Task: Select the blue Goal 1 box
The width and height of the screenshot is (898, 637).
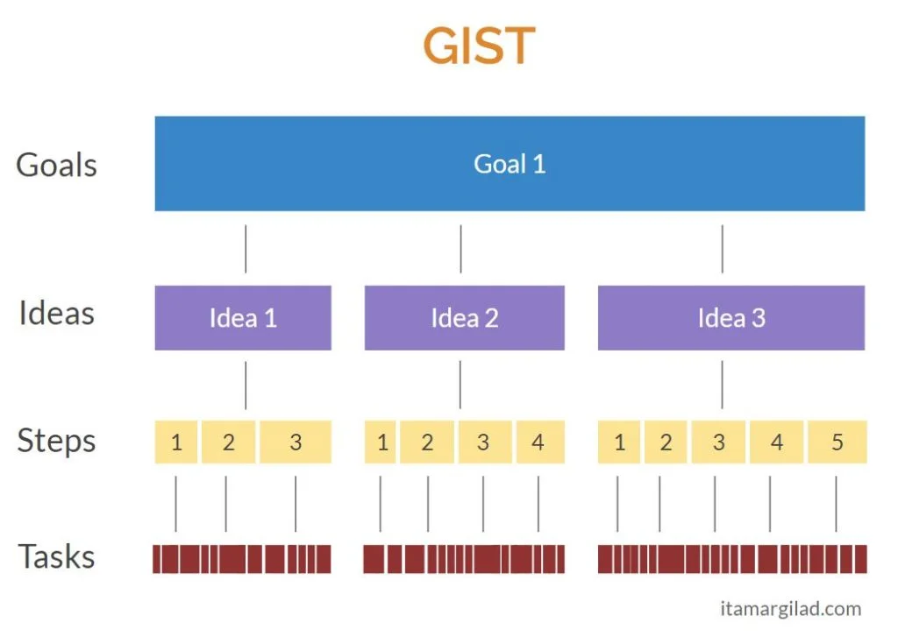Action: [x=510, y=164]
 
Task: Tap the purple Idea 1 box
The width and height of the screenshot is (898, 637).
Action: [x=243, y=317]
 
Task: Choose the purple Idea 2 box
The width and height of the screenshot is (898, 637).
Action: [x=464, y=317]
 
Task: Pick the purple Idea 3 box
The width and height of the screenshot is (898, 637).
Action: [x=731, y=317]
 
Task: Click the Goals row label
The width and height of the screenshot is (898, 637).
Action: [x=57, y=165]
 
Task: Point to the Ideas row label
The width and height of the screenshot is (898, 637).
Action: [x=57, y=314]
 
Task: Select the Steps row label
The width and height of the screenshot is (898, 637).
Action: [x=57, y=441]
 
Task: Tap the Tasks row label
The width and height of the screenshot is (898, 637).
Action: [x=57, y=556]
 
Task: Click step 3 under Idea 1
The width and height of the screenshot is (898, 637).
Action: [x=296, y=442]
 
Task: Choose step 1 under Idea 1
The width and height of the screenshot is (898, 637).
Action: [x=176, y=442]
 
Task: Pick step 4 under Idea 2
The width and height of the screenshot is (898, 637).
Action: [x=538, y=442]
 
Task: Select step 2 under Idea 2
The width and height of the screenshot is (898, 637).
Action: [x=426, y=442]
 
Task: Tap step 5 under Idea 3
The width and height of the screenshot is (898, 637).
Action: [x=837, y=442]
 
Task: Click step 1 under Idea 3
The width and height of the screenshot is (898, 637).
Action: [x=620, y=442]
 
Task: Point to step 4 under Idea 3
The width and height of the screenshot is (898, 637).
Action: [x=776, y=442]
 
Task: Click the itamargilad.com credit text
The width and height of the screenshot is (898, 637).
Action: [x=789, y=609]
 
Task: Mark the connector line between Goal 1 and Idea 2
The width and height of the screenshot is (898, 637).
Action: [x=460, y=249]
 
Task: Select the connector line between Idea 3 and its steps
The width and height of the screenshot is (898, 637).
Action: [x=723, y=385]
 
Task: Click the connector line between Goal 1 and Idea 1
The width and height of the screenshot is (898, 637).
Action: [x=246, y=249]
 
